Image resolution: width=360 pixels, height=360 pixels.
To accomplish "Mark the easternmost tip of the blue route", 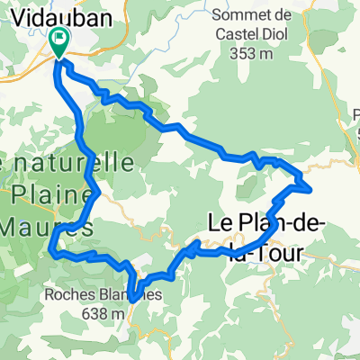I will tap(311, 188).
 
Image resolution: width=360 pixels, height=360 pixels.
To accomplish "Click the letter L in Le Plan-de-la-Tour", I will tap(214, 221).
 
